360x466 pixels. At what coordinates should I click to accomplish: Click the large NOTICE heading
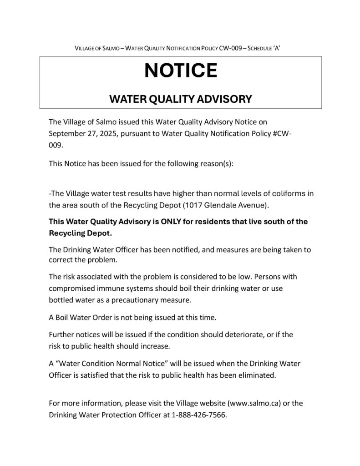click(181, 71)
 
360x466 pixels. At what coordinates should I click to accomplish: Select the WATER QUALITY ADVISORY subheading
click(181, 99)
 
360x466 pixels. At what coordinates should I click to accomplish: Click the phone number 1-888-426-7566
click(199, 415)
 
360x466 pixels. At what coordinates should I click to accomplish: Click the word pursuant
click(138, 134)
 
